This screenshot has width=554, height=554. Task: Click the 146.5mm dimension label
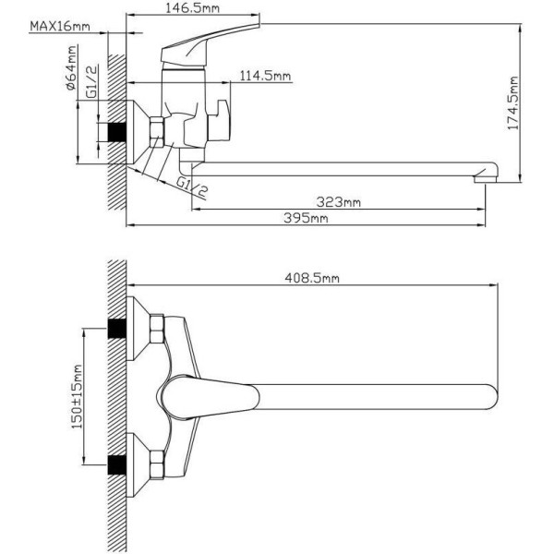point(193,7)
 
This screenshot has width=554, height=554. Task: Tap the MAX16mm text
point(60,26)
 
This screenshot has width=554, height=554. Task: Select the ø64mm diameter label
point(72,67)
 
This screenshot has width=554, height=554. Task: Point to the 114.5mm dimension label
point(265,76)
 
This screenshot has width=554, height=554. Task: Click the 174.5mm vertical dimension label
point(513,103)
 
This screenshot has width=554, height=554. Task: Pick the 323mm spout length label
point(339,202)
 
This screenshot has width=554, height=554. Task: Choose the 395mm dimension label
point(306,218)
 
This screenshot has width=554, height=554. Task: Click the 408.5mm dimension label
point(312,278)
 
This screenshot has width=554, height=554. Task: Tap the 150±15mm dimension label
point(77,397)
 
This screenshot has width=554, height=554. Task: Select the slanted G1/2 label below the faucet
point(192,187)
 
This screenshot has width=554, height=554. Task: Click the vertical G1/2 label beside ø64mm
point(91,82)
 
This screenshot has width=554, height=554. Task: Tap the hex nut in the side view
point(157,132)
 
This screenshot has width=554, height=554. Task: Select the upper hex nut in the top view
point(157,329)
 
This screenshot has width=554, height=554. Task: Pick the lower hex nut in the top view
point(157,464)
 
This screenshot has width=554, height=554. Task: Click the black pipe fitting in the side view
point(117,132)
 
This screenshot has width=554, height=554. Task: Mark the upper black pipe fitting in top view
point(117,329)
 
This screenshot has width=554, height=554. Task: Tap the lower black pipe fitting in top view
point(117,465)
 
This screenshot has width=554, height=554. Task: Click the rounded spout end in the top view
point(491,397)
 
